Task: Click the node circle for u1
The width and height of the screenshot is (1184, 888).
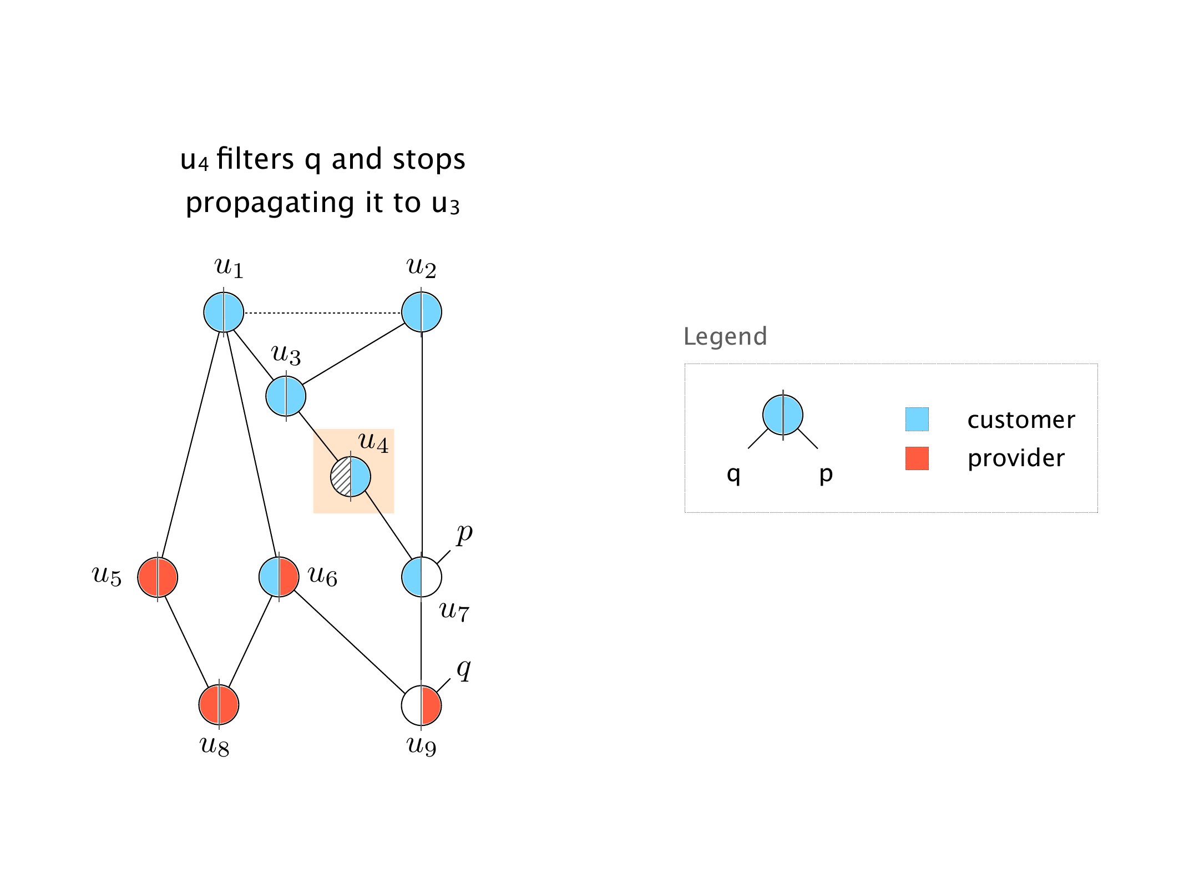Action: [224, 312]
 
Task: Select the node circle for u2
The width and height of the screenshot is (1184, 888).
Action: [422, 312]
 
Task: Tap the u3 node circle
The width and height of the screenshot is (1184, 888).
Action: [286, 396]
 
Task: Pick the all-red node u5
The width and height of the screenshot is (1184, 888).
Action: [158, 577]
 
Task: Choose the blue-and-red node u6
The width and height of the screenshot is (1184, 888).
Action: [279, 577]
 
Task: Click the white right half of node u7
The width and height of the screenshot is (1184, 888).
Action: [432, 577]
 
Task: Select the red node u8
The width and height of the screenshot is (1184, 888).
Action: [219, 705]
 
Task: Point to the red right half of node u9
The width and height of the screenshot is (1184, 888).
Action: [431, 705]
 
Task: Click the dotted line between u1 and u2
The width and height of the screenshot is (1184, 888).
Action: [322, 313]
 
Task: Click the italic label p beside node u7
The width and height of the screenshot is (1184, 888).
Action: [464, 534]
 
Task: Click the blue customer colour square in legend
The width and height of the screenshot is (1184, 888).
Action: [917, 420]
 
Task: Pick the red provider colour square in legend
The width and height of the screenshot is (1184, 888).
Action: [917, 458]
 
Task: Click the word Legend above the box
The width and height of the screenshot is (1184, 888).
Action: [725, 336]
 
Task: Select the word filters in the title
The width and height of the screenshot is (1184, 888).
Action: [255, 159]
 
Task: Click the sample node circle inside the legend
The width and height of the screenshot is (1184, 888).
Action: [782, 415]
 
